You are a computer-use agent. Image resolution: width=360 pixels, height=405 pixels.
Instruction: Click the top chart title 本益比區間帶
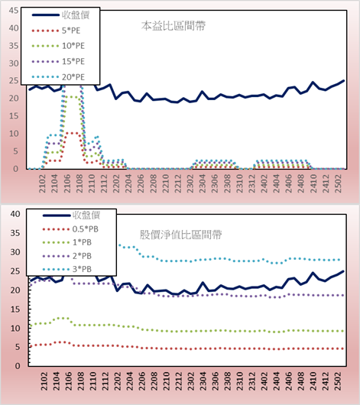[x=174, y=26]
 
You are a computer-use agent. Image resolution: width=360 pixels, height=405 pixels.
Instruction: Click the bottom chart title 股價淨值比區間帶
[x=180, y=235]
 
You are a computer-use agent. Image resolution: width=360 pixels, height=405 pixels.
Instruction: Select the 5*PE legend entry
[x=56, y=31]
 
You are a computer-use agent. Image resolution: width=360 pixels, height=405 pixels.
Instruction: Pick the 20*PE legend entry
[x=58, y=77]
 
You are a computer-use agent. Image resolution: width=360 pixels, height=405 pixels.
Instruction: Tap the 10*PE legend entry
[x=58, y=46]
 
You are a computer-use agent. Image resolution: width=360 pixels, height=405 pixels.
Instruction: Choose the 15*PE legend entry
[x=58, y=61]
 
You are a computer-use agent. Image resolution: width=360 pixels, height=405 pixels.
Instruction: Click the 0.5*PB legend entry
[x=70, y=229]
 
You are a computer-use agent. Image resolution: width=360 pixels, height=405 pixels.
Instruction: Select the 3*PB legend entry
[x=67, y=269]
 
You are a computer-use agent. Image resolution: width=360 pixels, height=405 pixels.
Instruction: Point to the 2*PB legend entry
[x=67, y=256]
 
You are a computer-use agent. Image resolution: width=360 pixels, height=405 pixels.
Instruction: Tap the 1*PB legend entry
[x=67, y=242]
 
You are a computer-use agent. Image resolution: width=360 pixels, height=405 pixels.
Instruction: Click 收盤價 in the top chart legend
[x=60, y=15]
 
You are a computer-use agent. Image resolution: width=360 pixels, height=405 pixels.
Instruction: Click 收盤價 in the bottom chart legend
[x=71, y=215]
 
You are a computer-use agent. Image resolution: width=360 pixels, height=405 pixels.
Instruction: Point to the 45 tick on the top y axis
[x=14, y=11]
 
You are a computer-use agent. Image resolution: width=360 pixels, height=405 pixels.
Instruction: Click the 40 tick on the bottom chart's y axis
[x=15, y=214]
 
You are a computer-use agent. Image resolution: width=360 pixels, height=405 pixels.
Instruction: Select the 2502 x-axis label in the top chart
[x=338, y=183]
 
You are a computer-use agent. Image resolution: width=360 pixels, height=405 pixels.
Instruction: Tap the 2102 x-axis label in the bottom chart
[x=44, y=381]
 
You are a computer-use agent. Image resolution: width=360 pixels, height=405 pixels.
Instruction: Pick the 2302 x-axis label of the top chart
[x=190, y=183]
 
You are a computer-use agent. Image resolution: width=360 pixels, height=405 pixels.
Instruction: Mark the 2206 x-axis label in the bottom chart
[x=141, y=381]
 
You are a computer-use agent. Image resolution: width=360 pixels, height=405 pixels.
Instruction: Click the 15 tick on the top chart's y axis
[x=14, y=116]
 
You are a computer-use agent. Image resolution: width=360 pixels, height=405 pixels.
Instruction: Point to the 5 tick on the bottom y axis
[x=18, y=347]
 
